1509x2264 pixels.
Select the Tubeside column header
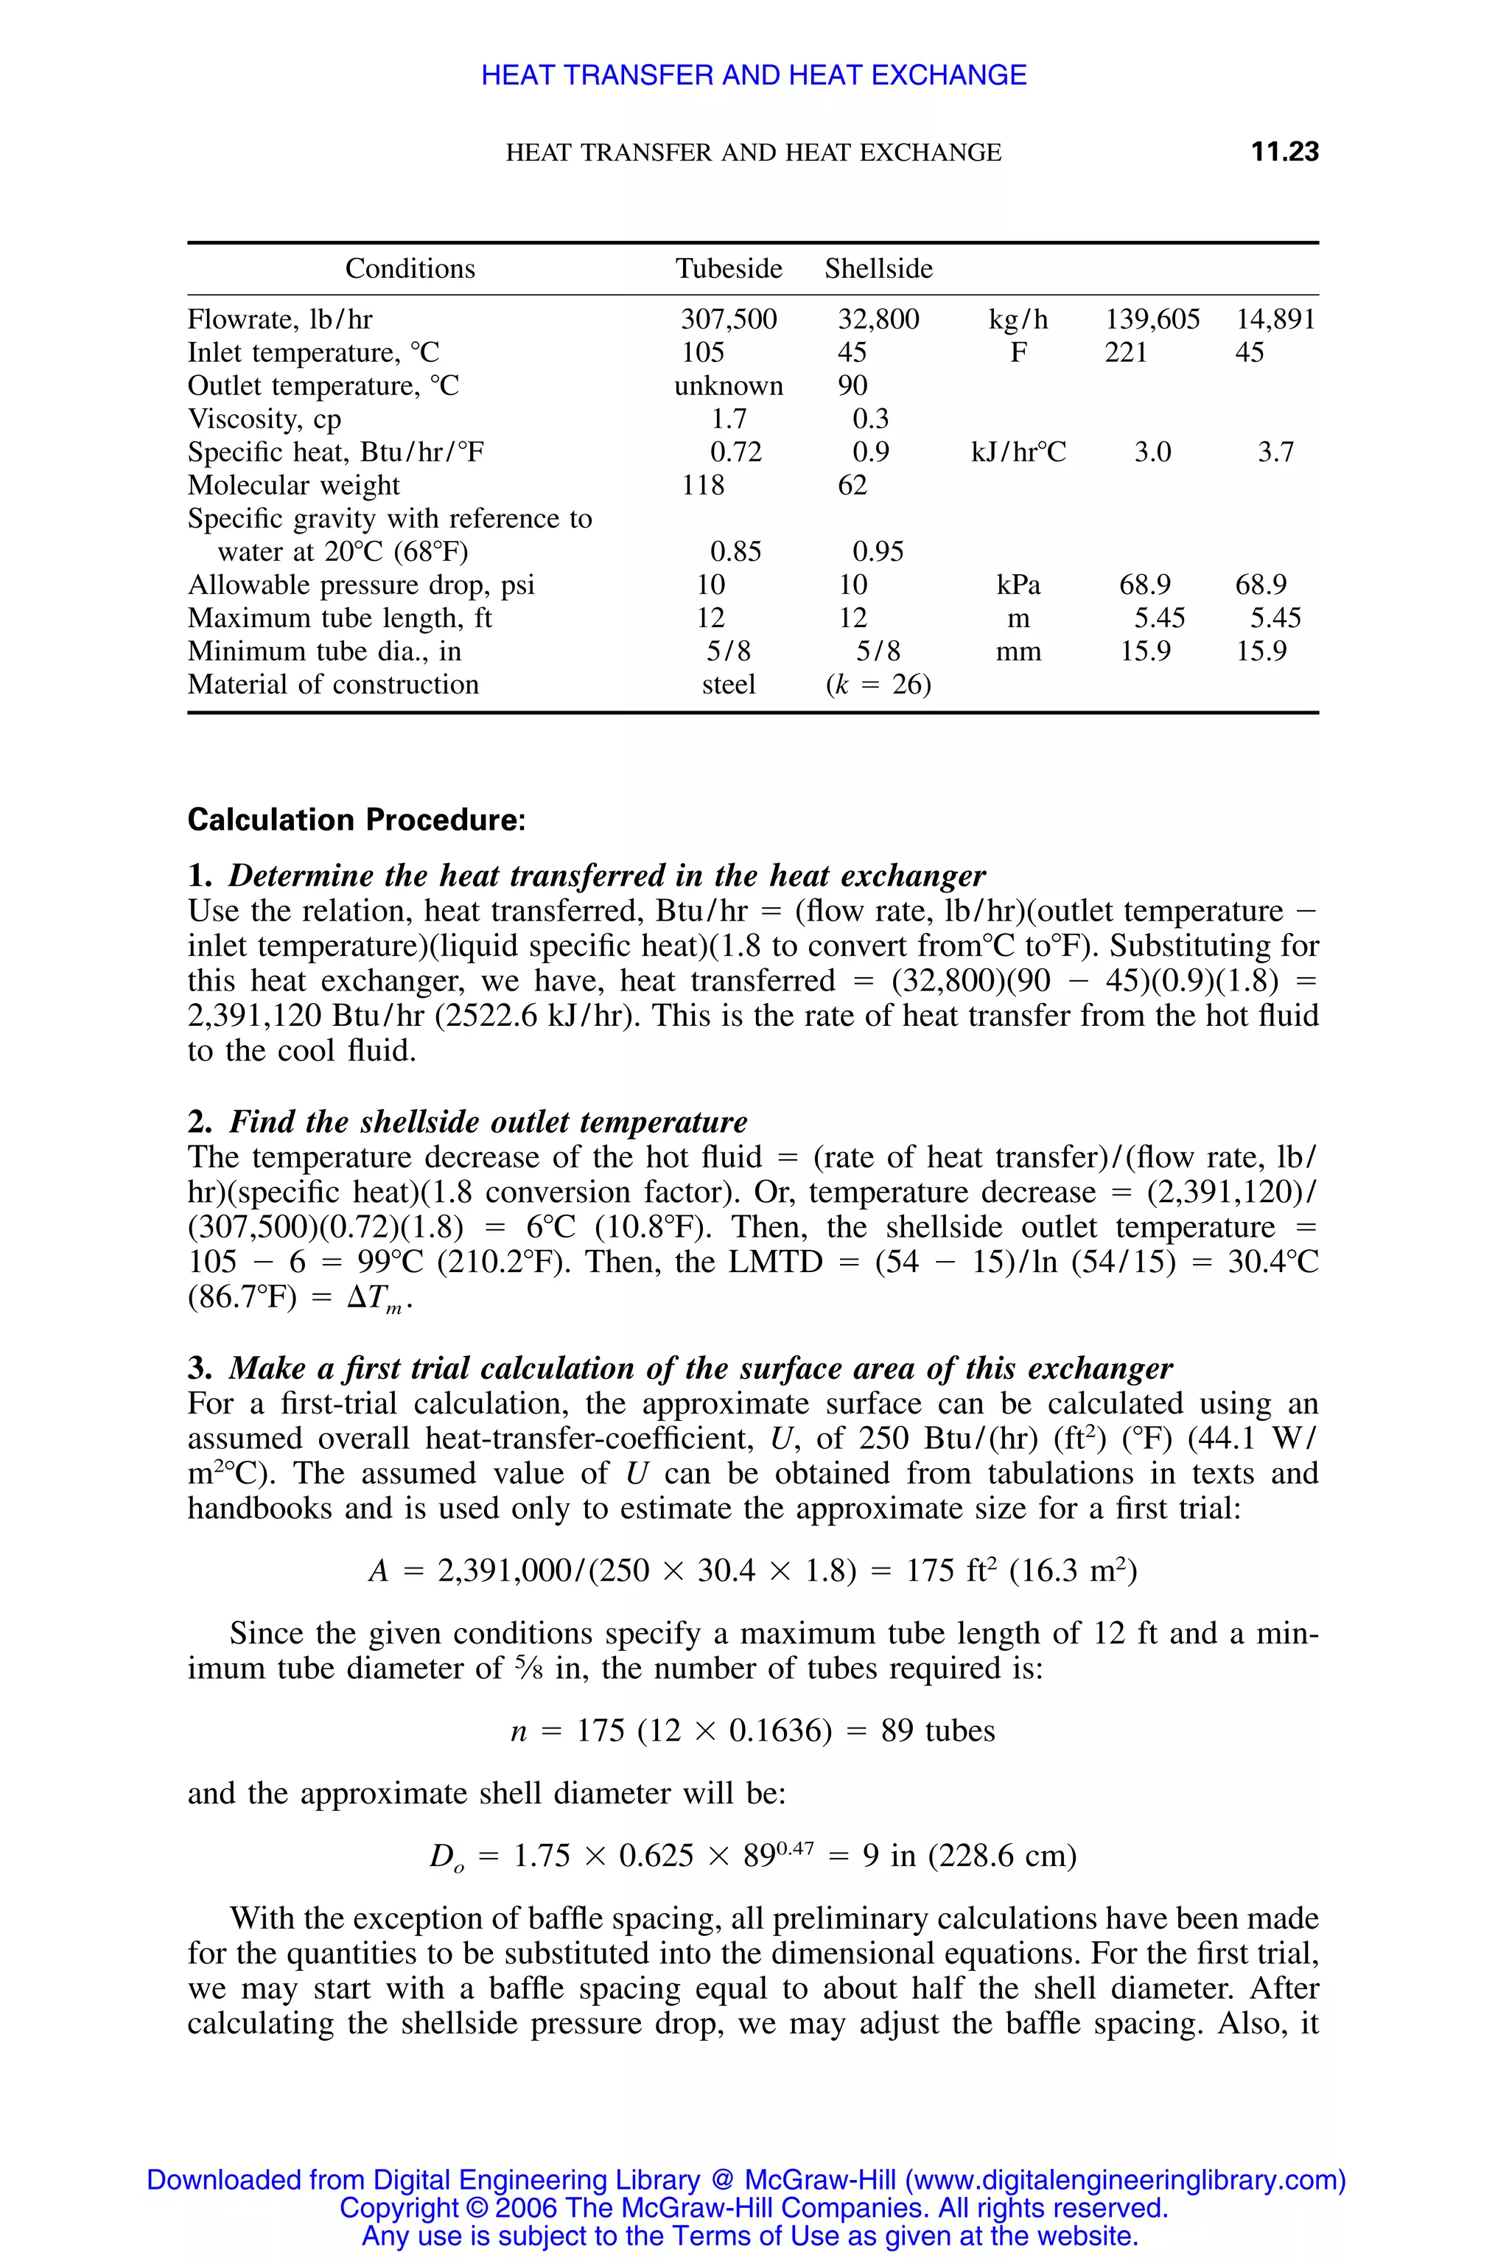[x=729, y=268]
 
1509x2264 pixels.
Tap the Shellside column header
[x=878, y=268]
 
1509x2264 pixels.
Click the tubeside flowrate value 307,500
[x=729, y=320]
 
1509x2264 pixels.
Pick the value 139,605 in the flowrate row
[x=1152, y=320]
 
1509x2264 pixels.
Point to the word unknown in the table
[x=729, y=386]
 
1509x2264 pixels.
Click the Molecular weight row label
[x=293, y=485]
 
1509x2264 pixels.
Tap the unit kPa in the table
[x=1018, y=585]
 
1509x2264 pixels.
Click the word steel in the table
[x=729, y=685]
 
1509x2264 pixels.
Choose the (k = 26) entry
[x=878, y=685]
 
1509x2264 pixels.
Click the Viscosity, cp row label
[x=265, y=419]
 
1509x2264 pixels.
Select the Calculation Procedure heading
[x=356, y=820]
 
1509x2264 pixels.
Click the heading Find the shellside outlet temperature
[x=487, y=1122]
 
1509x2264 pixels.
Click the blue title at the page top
[x=754, y=75]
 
